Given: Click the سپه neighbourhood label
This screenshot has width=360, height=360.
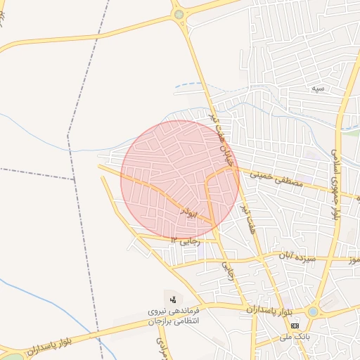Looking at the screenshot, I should (319, 89).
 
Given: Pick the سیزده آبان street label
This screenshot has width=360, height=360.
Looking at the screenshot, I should (300, 255).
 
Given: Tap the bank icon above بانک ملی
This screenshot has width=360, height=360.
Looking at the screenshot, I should (295, 326).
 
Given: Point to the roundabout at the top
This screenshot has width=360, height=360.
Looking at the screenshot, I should (179, 14).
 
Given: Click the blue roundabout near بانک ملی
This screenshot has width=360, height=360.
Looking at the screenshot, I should (313, 310).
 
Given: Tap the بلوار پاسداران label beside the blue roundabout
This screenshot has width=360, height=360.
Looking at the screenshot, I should (269, 309).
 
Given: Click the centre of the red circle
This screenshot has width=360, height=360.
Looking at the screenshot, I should (180, 180).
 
